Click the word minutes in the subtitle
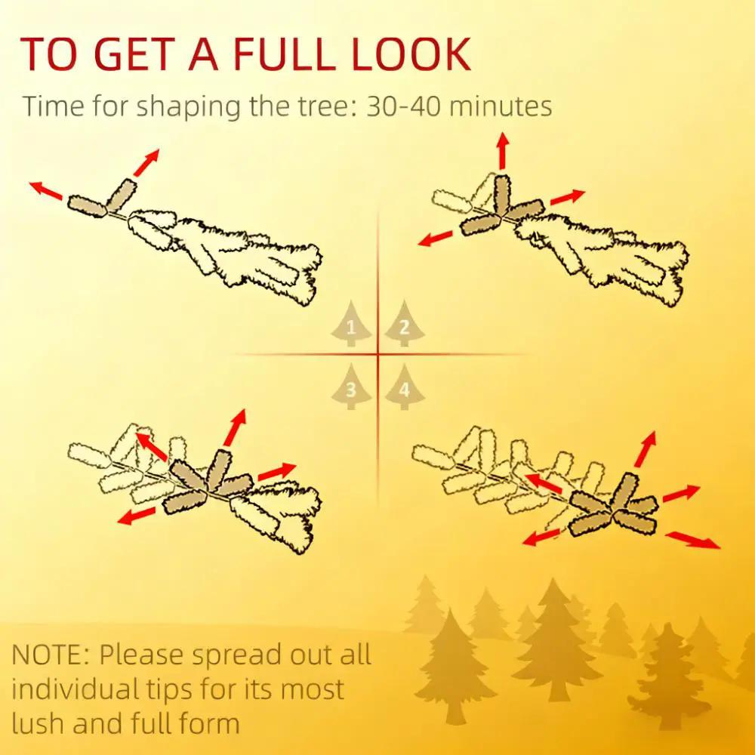(501, 106)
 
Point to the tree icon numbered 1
(351, 324)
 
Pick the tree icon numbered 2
(405, 324)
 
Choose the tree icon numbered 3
(351, 387)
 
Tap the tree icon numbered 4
(405, 387)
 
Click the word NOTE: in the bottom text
(50, 655)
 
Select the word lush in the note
(36, 723)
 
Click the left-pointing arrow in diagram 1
(46, 191)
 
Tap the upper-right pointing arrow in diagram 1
(146, 162)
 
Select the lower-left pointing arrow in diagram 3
(136, 516)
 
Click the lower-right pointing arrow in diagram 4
(693, 540)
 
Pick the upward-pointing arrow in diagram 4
(646, 448)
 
